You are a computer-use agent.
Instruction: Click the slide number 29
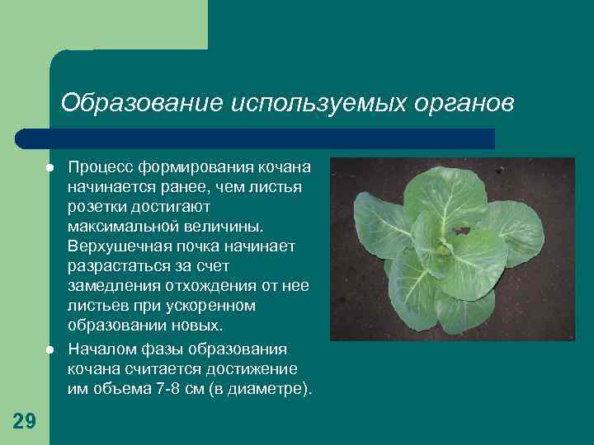click(25, 421)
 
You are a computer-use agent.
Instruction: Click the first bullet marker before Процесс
click(50, 167)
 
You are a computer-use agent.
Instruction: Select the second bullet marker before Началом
click(50, 349)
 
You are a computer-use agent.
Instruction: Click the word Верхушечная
click(116, 246)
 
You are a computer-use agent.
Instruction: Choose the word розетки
click(97, 207)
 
